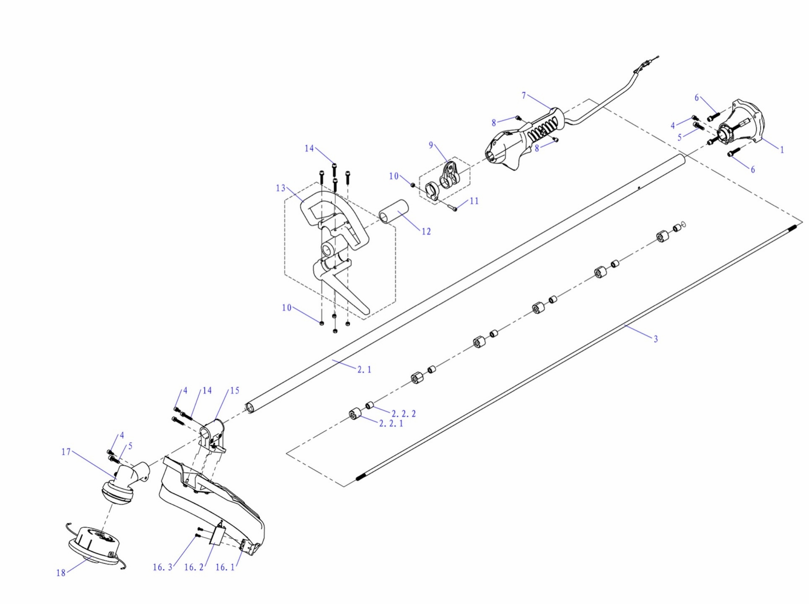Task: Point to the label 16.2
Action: point(194,567)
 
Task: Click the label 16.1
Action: point(225,567)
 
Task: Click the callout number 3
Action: point(656,339)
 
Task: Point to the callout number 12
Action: point(426,231)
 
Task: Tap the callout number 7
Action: point(524,96)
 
